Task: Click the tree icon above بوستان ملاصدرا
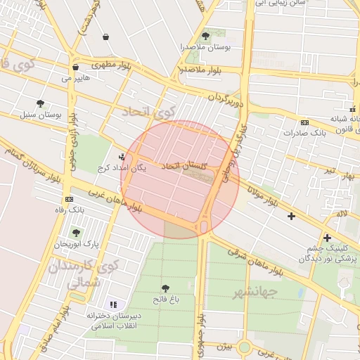[205, 36]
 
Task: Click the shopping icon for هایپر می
[75, 67]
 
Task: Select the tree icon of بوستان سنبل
[40, 103]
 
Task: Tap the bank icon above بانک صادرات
[304, 122]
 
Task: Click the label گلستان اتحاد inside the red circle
[186, 166]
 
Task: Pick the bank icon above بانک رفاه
[67, 200]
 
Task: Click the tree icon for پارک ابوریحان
[76, 233]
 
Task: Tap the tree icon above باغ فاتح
[165, 288]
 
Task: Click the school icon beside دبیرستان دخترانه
[113, 304]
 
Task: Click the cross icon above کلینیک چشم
[327, 238]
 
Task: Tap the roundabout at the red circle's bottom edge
[203, 226]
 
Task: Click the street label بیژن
[223, 347]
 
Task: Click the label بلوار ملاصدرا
[201, 70]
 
